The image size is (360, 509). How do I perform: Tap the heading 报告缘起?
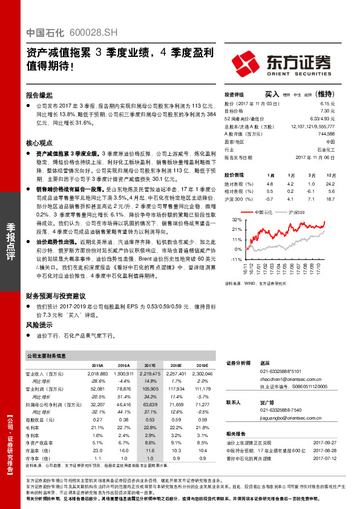(39, 96)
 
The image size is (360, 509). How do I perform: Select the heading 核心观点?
(39, 144)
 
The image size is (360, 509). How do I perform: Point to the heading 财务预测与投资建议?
(56, 296)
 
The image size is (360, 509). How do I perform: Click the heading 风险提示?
(39, 325)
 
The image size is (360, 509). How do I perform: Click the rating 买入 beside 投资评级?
(272, 94)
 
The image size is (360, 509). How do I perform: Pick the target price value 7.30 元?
(327, 111)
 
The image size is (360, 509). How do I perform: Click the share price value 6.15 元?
(327, 104)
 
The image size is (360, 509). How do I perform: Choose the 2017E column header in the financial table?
(150, 366)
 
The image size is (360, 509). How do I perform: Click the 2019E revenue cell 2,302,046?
(201, 374)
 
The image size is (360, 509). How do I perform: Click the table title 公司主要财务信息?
(50, 355)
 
